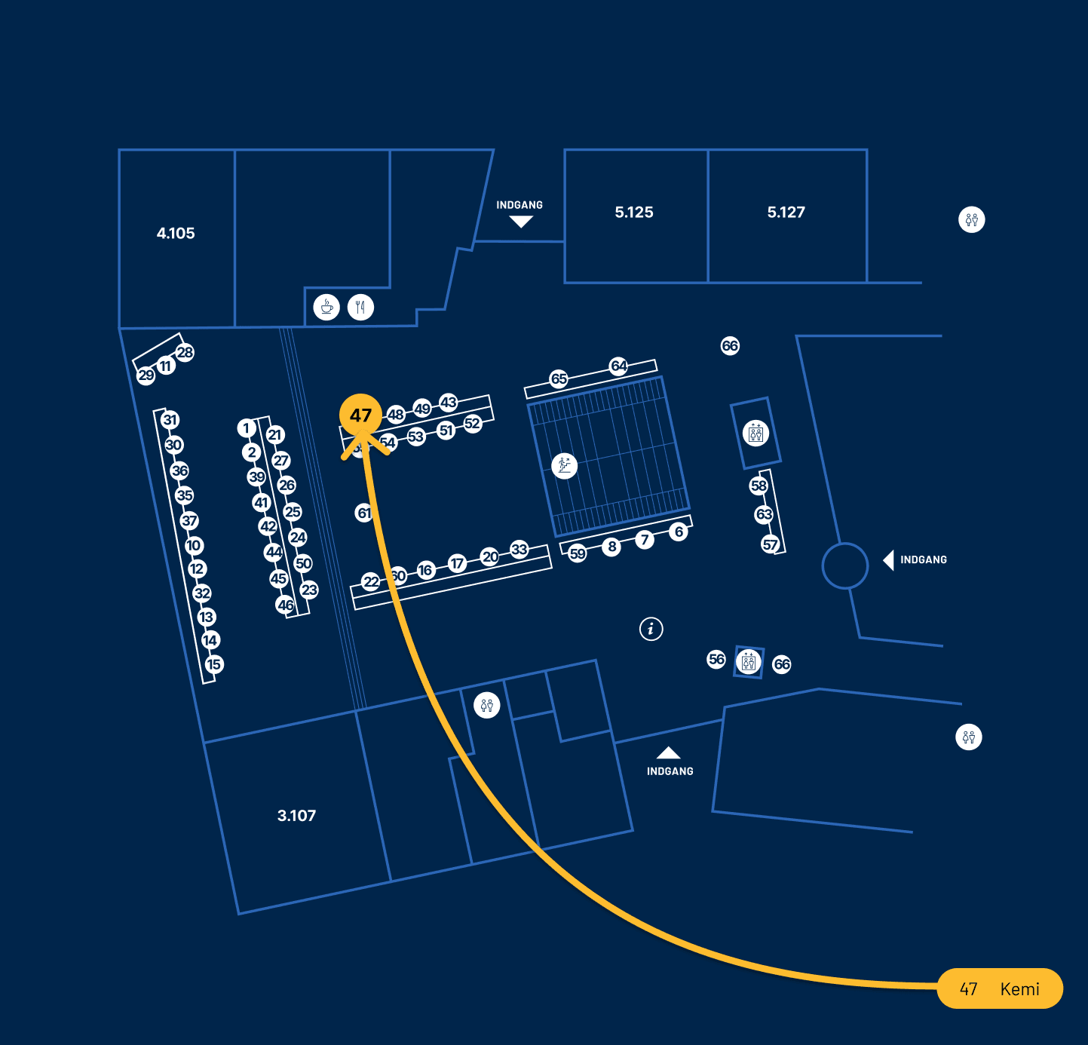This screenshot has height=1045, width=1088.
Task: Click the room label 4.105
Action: [176, 234]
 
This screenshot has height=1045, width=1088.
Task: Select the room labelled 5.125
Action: [634, 213]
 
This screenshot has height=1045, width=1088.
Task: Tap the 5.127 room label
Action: [786, 213]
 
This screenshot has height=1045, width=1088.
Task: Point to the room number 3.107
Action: [296, 816]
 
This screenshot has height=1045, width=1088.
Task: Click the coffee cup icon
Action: [326, 308]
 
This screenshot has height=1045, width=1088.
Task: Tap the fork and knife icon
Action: [360, 308]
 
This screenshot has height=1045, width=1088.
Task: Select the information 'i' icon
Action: [651, 628]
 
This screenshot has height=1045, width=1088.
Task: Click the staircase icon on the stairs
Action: [564, 465]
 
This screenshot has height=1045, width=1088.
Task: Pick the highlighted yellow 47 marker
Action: [360, 415]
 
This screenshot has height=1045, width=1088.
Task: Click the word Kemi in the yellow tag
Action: [1019, 989]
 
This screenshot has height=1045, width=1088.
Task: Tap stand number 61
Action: [364, 513]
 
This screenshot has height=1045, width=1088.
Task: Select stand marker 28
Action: [185, 352]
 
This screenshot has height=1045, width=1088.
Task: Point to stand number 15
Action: [214, 664]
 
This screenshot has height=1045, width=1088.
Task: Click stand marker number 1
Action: [246, 428]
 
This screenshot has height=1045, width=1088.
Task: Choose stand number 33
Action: [519, 549]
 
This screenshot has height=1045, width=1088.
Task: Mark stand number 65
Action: [559, 378]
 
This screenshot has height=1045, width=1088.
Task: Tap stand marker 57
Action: [770, 544]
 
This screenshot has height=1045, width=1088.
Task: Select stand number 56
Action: [716, 659]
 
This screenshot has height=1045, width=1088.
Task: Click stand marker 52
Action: [472, 424]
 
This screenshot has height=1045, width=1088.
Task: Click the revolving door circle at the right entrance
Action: [845, 565]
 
